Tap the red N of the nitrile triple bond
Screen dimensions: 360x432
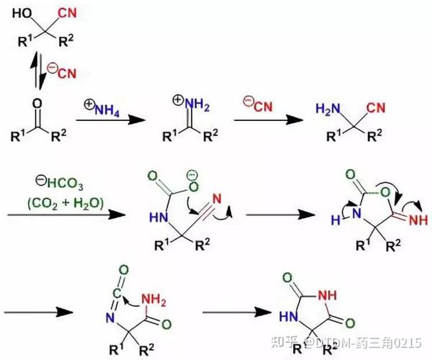pos(217,192)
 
